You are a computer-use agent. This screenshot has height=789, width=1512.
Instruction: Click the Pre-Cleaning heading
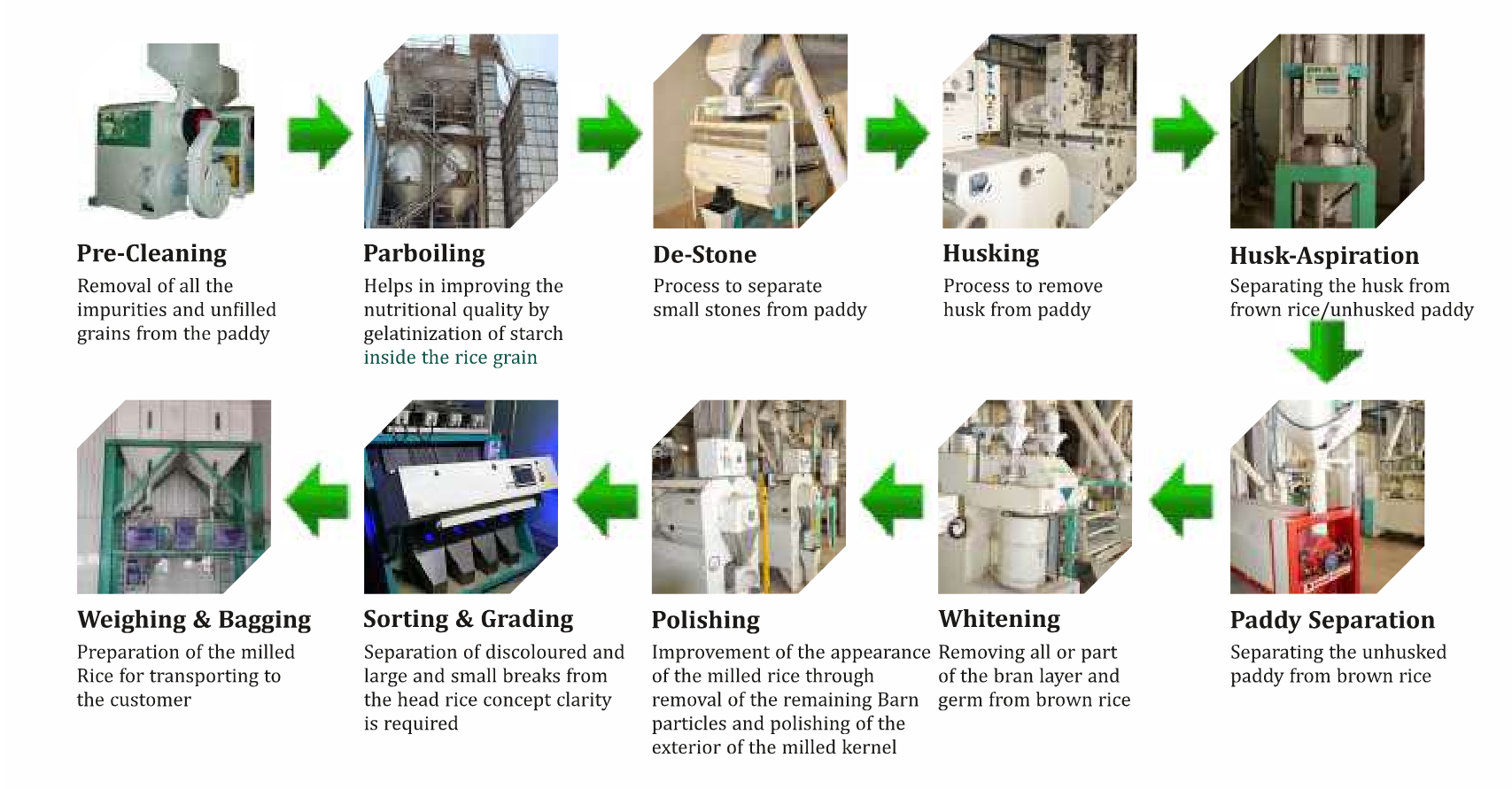pos(151,253)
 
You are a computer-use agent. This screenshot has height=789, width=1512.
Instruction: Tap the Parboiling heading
pos(423,253)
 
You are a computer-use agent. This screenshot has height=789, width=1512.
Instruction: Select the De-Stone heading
pos(704,255)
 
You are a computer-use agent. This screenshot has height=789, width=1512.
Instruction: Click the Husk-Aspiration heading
pos(1323,256)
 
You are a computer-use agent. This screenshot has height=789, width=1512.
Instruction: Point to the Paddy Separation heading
pos(1331,620)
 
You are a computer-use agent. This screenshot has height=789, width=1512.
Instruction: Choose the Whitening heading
pos(998,619)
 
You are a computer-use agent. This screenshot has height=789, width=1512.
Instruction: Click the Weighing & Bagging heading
pos(194,620)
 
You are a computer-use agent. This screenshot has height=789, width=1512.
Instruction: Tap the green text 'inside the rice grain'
pos(450,358)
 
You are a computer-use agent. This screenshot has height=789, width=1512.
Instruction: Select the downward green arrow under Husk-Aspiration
pos(1325,352)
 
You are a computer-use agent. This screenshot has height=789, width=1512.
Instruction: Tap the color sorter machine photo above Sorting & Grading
pos(461,496)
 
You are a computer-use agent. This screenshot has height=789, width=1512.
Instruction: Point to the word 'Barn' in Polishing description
pos(897,700)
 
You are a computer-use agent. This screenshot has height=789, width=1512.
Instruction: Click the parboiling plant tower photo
pos(461,131)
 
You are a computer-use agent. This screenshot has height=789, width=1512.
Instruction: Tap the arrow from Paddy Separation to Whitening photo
pos(1182,499)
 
